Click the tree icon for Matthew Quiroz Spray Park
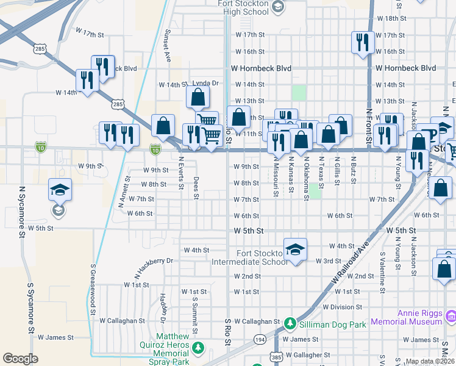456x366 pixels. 198,348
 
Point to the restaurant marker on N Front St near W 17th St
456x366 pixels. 362,42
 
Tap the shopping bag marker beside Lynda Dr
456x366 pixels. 198,96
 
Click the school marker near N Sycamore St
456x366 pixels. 60,190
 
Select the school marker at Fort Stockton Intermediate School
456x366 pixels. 295,249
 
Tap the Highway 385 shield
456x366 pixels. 276,356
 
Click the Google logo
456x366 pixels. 20,359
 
